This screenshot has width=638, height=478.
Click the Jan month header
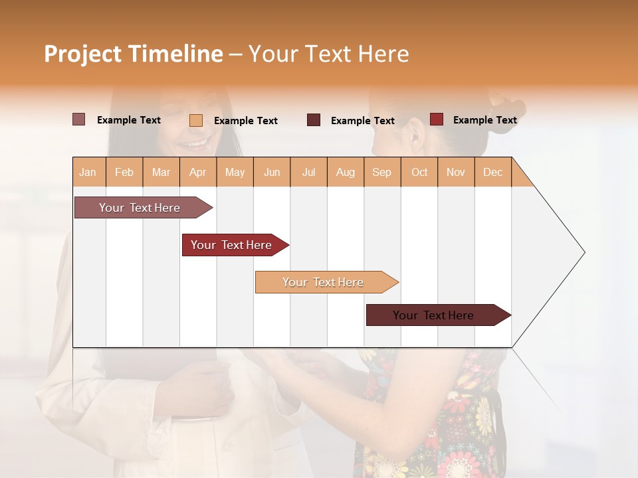coord(88,172)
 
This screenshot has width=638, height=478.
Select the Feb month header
coord(124,172)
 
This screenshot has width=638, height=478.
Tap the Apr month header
coord(198,172)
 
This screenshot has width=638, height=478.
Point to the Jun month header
coord(272,172)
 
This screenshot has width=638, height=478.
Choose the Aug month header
coord(346,172)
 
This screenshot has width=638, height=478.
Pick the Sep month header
coord(382,172)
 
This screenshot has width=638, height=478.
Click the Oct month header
coord(419,172)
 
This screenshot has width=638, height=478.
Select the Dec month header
coord(493,172)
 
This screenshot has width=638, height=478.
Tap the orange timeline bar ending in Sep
coord(324,282)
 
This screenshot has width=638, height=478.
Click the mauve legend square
coord(79,119)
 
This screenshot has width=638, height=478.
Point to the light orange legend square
coord(196,120)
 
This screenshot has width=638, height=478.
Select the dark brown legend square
coord(314,120)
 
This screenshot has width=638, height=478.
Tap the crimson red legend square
coord(437,119)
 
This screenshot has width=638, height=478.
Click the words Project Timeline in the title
coord(134,54)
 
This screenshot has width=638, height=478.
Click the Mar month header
coord(161,172)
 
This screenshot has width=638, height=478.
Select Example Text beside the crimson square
coord(484,120)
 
